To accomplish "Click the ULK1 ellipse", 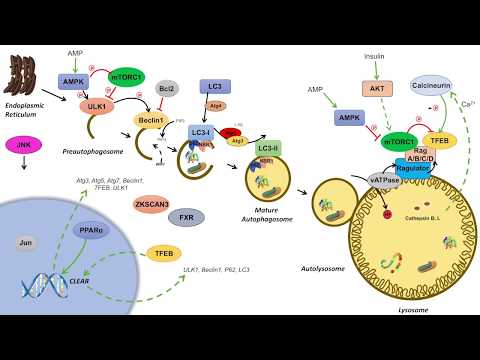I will point(96,105).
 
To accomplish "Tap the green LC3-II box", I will point(267,148).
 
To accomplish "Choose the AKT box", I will point(375,89).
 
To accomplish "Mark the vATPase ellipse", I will point(357,180).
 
